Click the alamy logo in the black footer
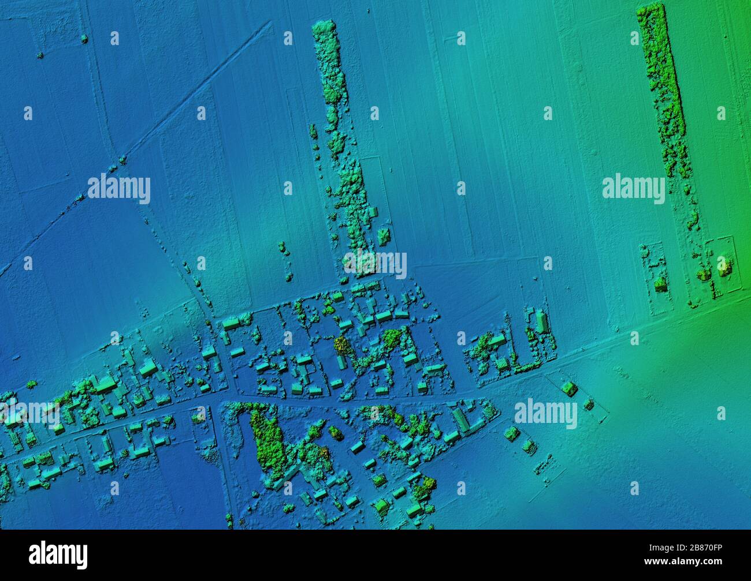coord(58,554)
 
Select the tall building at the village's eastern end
coord(541,321)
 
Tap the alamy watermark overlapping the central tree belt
coord(375,263)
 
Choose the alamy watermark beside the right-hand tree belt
coord(633,188)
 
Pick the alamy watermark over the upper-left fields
coord(119,189)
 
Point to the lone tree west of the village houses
coord(31,384)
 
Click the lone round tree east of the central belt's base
coord(382,235)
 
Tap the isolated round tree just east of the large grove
coord(336,432)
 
